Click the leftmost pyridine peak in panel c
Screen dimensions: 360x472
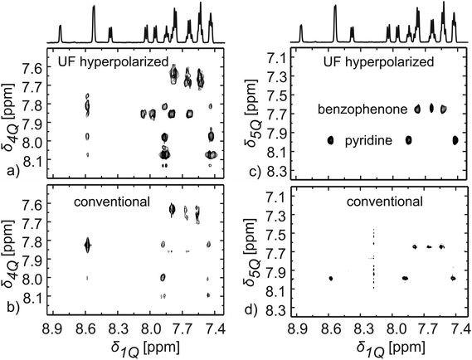pyautogui.click(x=332, y=140)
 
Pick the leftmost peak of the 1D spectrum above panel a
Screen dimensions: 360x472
pyautogui.click(x=61, y=33)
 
